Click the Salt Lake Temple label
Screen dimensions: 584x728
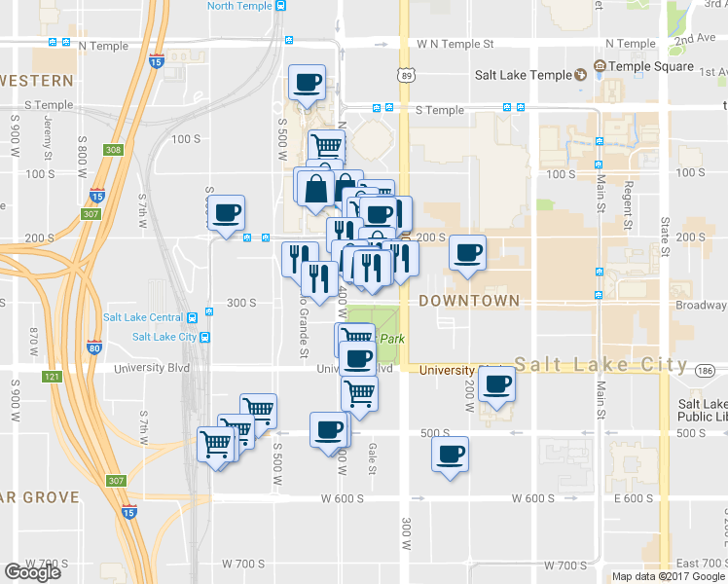coord(523,74)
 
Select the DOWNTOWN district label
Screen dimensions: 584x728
coord(469,301)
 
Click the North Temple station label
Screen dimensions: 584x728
coord(239,6)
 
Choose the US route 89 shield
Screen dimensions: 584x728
coord(405,75)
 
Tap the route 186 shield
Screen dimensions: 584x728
coord(705,370)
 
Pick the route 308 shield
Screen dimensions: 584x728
coord(115,150)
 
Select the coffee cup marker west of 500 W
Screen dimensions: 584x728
coord(227,213)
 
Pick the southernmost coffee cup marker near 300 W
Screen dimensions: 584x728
coord(450,455)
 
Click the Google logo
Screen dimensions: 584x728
coord(32,572)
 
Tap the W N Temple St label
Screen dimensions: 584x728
coord(455,44)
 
